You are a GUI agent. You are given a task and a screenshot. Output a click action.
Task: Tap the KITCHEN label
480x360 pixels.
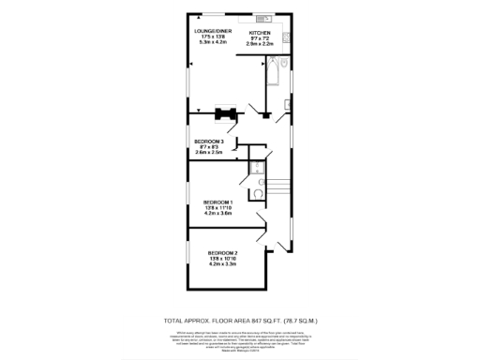[260, 32]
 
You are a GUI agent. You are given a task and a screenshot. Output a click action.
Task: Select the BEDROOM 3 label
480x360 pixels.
[209, 141]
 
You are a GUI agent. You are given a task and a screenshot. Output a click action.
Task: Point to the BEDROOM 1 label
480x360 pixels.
[218, 202]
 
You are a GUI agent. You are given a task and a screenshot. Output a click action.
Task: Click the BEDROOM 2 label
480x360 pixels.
[223, 253]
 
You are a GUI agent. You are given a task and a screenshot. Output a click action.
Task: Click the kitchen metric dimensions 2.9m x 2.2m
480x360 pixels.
[260, 43]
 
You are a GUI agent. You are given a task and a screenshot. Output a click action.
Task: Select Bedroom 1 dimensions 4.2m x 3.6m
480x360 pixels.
[218, 214]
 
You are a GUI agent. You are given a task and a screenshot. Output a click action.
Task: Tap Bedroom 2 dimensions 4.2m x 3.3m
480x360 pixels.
[223, 265]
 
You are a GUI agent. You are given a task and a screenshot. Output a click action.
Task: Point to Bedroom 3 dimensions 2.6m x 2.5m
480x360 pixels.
[209, 152]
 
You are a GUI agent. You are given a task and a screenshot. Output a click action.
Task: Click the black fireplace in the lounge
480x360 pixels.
[224, 114]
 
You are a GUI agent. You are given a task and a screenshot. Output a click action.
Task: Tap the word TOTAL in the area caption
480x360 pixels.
[172, 321]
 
